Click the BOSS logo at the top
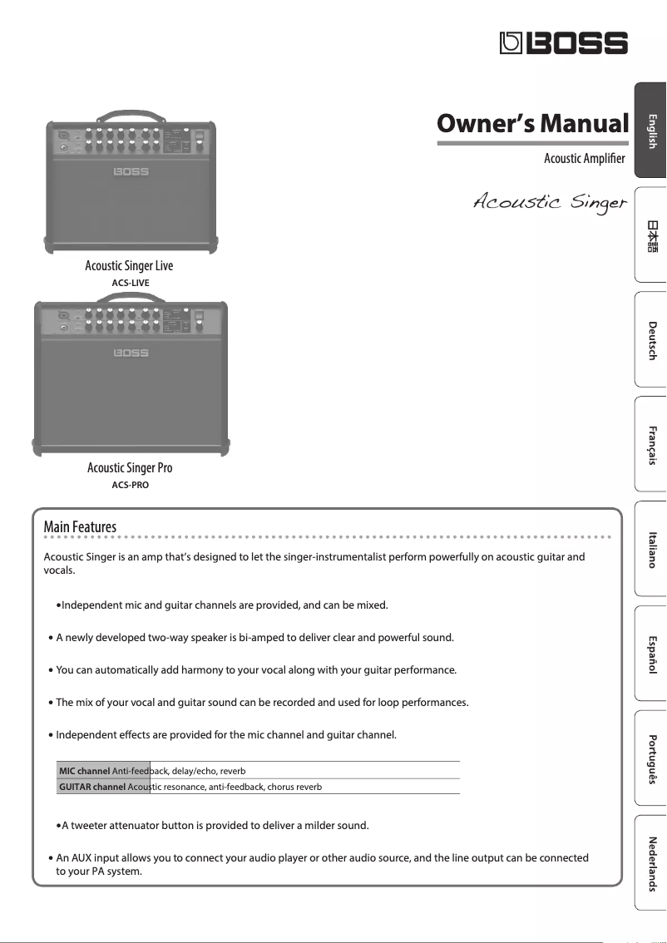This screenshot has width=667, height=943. tap(563, 43)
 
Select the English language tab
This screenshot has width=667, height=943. tap(651, 131)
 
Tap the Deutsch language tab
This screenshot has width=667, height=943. tap(651, 339)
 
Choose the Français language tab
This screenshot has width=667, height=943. tap(651, 444)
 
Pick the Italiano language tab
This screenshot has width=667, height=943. tap(651, 549)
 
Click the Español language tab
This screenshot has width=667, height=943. tap(651, 654)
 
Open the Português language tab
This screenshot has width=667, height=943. tap(651, 758)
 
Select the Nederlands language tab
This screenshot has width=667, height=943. tap(651, 863)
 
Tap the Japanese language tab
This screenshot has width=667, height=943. tap(651, 235)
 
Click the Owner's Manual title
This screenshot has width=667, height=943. tap(532, 125)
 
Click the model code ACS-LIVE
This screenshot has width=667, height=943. tap(130, 283)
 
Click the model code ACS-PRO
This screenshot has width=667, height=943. tap(130, 485)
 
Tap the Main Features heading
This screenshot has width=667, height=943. tap(80, 527)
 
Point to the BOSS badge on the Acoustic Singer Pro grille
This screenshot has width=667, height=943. tap(131, 353)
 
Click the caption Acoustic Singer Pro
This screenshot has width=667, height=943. tap(130, 468)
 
